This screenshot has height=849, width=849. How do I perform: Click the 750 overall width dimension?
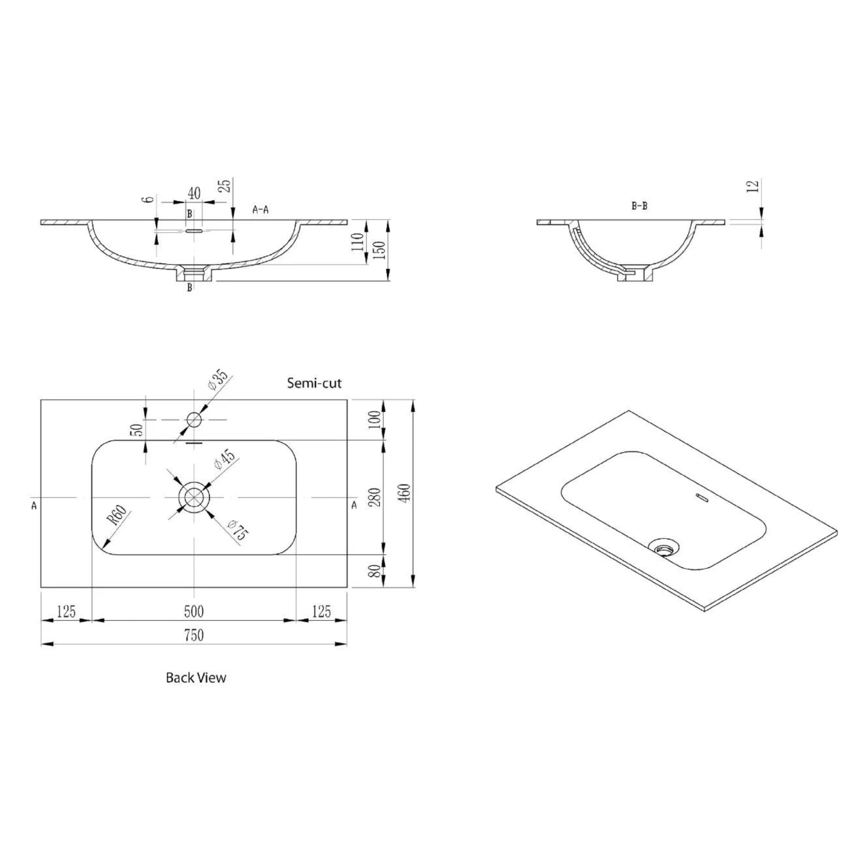(194, 636)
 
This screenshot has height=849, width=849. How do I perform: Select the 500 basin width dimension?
(194, 611)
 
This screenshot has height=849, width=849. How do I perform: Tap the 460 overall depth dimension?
(405, 493)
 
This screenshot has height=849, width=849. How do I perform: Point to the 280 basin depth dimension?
(376, 497)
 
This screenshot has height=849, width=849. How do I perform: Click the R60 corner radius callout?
(118, 516)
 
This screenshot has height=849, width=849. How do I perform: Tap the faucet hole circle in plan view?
(194, 420)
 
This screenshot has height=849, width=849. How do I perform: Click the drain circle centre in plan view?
(194, 497)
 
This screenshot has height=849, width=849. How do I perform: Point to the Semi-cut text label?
(314, 383)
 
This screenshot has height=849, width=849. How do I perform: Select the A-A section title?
(261, 210)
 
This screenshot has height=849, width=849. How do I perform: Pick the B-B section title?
(639, 206)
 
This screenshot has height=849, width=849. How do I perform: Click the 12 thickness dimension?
(753, 185)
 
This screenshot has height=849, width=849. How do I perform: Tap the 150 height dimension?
(381, 250)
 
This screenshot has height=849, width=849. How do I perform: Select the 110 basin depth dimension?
(358, 242)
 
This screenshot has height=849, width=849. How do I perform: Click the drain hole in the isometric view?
(664, 548)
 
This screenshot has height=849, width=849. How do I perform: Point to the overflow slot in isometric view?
(701, 497)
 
